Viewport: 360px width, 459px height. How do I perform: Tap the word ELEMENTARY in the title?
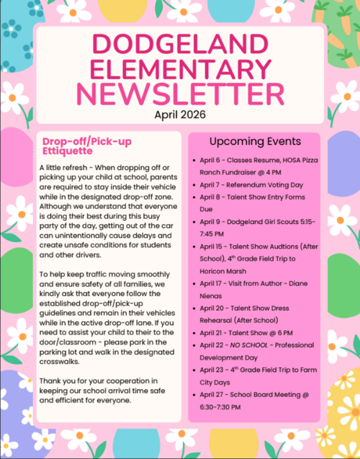tap(179, 68)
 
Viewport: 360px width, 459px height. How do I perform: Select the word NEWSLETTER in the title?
tap(179, 94)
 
